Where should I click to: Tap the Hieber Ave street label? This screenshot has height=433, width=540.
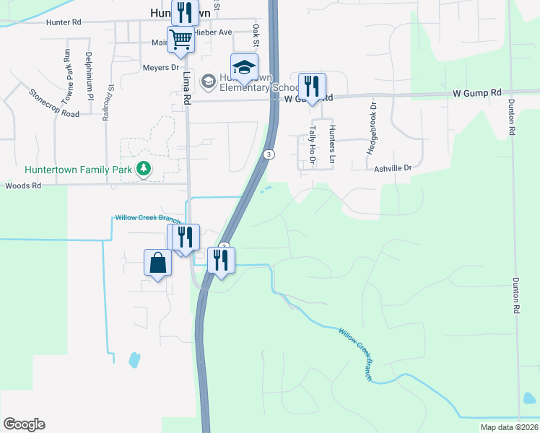pos(215,32)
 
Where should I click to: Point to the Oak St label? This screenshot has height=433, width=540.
pos(256,33)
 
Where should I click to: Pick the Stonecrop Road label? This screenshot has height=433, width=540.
pos(54,103)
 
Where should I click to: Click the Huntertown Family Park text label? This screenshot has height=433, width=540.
pos(79,170)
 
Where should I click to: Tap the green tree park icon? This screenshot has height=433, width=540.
pos(144,168)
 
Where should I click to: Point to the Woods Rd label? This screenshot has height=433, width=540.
pos(24,185)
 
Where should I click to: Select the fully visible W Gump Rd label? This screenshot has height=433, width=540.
pos(476,93)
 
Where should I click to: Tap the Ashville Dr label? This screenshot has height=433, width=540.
pos(393,168)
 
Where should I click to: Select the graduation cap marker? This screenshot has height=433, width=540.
pos(244,66)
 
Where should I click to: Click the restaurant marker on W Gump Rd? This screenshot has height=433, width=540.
pos(312,87)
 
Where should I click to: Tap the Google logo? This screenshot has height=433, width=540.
pos(24,424)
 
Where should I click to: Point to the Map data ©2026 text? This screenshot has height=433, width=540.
pos(509,427)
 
